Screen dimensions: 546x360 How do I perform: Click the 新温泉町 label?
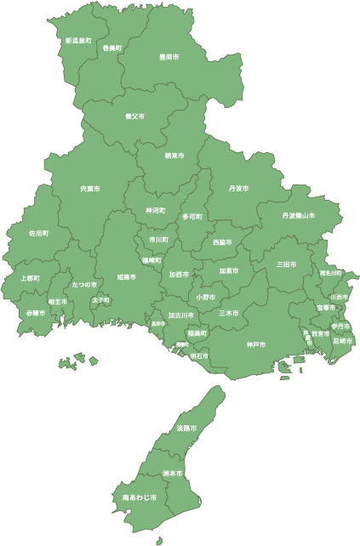pyautogui.click(x=78, y=40)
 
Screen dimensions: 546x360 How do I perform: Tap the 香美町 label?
pyautogui.click(x=112, y=48)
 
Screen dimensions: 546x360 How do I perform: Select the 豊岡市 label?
pyautogui.click(x=169, y=57)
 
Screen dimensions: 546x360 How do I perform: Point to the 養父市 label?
pyautogui.click(x=134, y=116)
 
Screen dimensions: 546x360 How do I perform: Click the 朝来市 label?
pyautogui.click(x=174, y=156)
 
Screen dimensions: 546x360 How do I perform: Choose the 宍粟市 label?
pyautogui.click(x=90, y=188)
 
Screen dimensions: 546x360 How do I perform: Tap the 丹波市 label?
pyautogui.click(x=239, y=188)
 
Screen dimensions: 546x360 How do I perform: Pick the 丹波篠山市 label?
pyautogui.click(x=299, y=216)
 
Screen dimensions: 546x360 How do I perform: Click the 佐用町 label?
pyautogui.click(x=39, y=232)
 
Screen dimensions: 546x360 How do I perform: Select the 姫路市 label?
pyautogui.click(x=127, y=277)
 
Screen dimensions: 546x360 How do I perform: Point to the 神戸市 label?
pyautogui.click(x=256, y=344)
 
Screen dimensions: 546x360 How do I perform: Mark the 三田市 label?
pyautogui.click(x=287, y=264)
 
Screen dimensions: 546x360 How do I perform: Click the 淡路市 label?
pyautogui.click(x=186, y=428)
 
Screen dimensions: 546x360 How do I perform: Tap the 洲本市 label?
pyautogui.click(x=173, y=473)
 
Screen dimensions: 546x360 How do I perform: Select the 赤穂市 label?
pyautogui.click(x=35, y=313)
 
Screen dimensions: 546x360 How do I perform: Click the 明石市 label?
pyautogui.click(x=199, y=355)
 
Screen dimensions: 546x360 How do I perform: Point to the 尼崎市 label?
pyautogui.click(x=341, y=340)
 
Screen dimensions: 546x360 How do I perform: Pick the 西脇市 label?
pyautogui.click(x=223, y=242)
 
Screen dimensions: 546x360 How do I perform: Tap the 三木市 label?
pyautogui.click(x=228, y=313)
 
